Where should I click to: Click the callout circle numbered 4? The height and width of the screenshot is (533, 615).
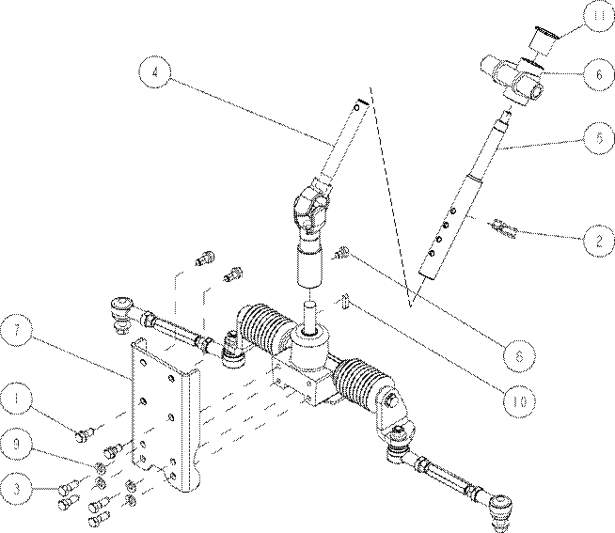pyautogui.click(x=155, y=72)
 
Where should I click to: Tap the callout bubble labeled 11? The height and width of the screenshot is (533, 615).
pyautogui.click(x=598, y=16)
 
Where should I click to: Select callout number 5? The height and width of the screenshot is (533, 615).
pyautogui.click(x=599, y=138)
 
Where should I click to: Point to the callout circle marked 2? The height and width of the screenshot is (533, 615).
pyautogui.click(x=599, y=241)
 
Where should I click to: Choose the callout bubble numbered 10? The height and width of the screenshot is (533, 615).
pyautogui.click(x=519, y=401)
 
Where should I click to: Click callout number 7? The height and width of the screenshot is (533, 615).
pyautogui.click(x=17, y=330)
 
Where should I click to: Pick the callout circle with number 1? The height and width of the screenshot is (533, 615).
pyautogui.click(x=17, y=398)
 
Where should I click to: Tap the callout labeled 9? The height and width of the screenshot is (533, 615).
pyautogui.click(x=17, y=443)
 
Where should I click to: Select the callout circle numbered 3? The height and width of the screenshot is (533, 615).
pyautogui.click(x=17, y=489)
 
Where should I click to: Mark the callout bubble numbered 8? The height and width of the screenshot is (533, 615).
pyautogui.click(x=519, y=355)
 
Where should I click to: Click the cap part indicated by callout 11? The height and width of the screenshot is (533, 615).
pyautogui.click(x=544, y=39)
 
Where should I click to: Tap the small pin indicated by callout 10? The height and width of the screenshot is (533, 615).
pyautogui.click(x=345, y=301)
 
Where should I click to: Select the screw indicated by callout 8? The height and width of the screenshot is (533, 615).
pyautogui.click(x=341, y=252)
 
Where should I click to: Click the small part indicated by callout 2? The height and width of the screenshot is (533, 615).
pyautogui.click(x=502, y=229)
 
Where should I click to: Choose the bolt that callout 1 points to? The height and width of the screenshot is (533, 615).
pyautogui.click(x=84, y=434)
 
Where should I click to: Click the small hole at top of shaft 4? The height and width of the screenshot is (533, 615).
pyautogui.click(x=357, y=107)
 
